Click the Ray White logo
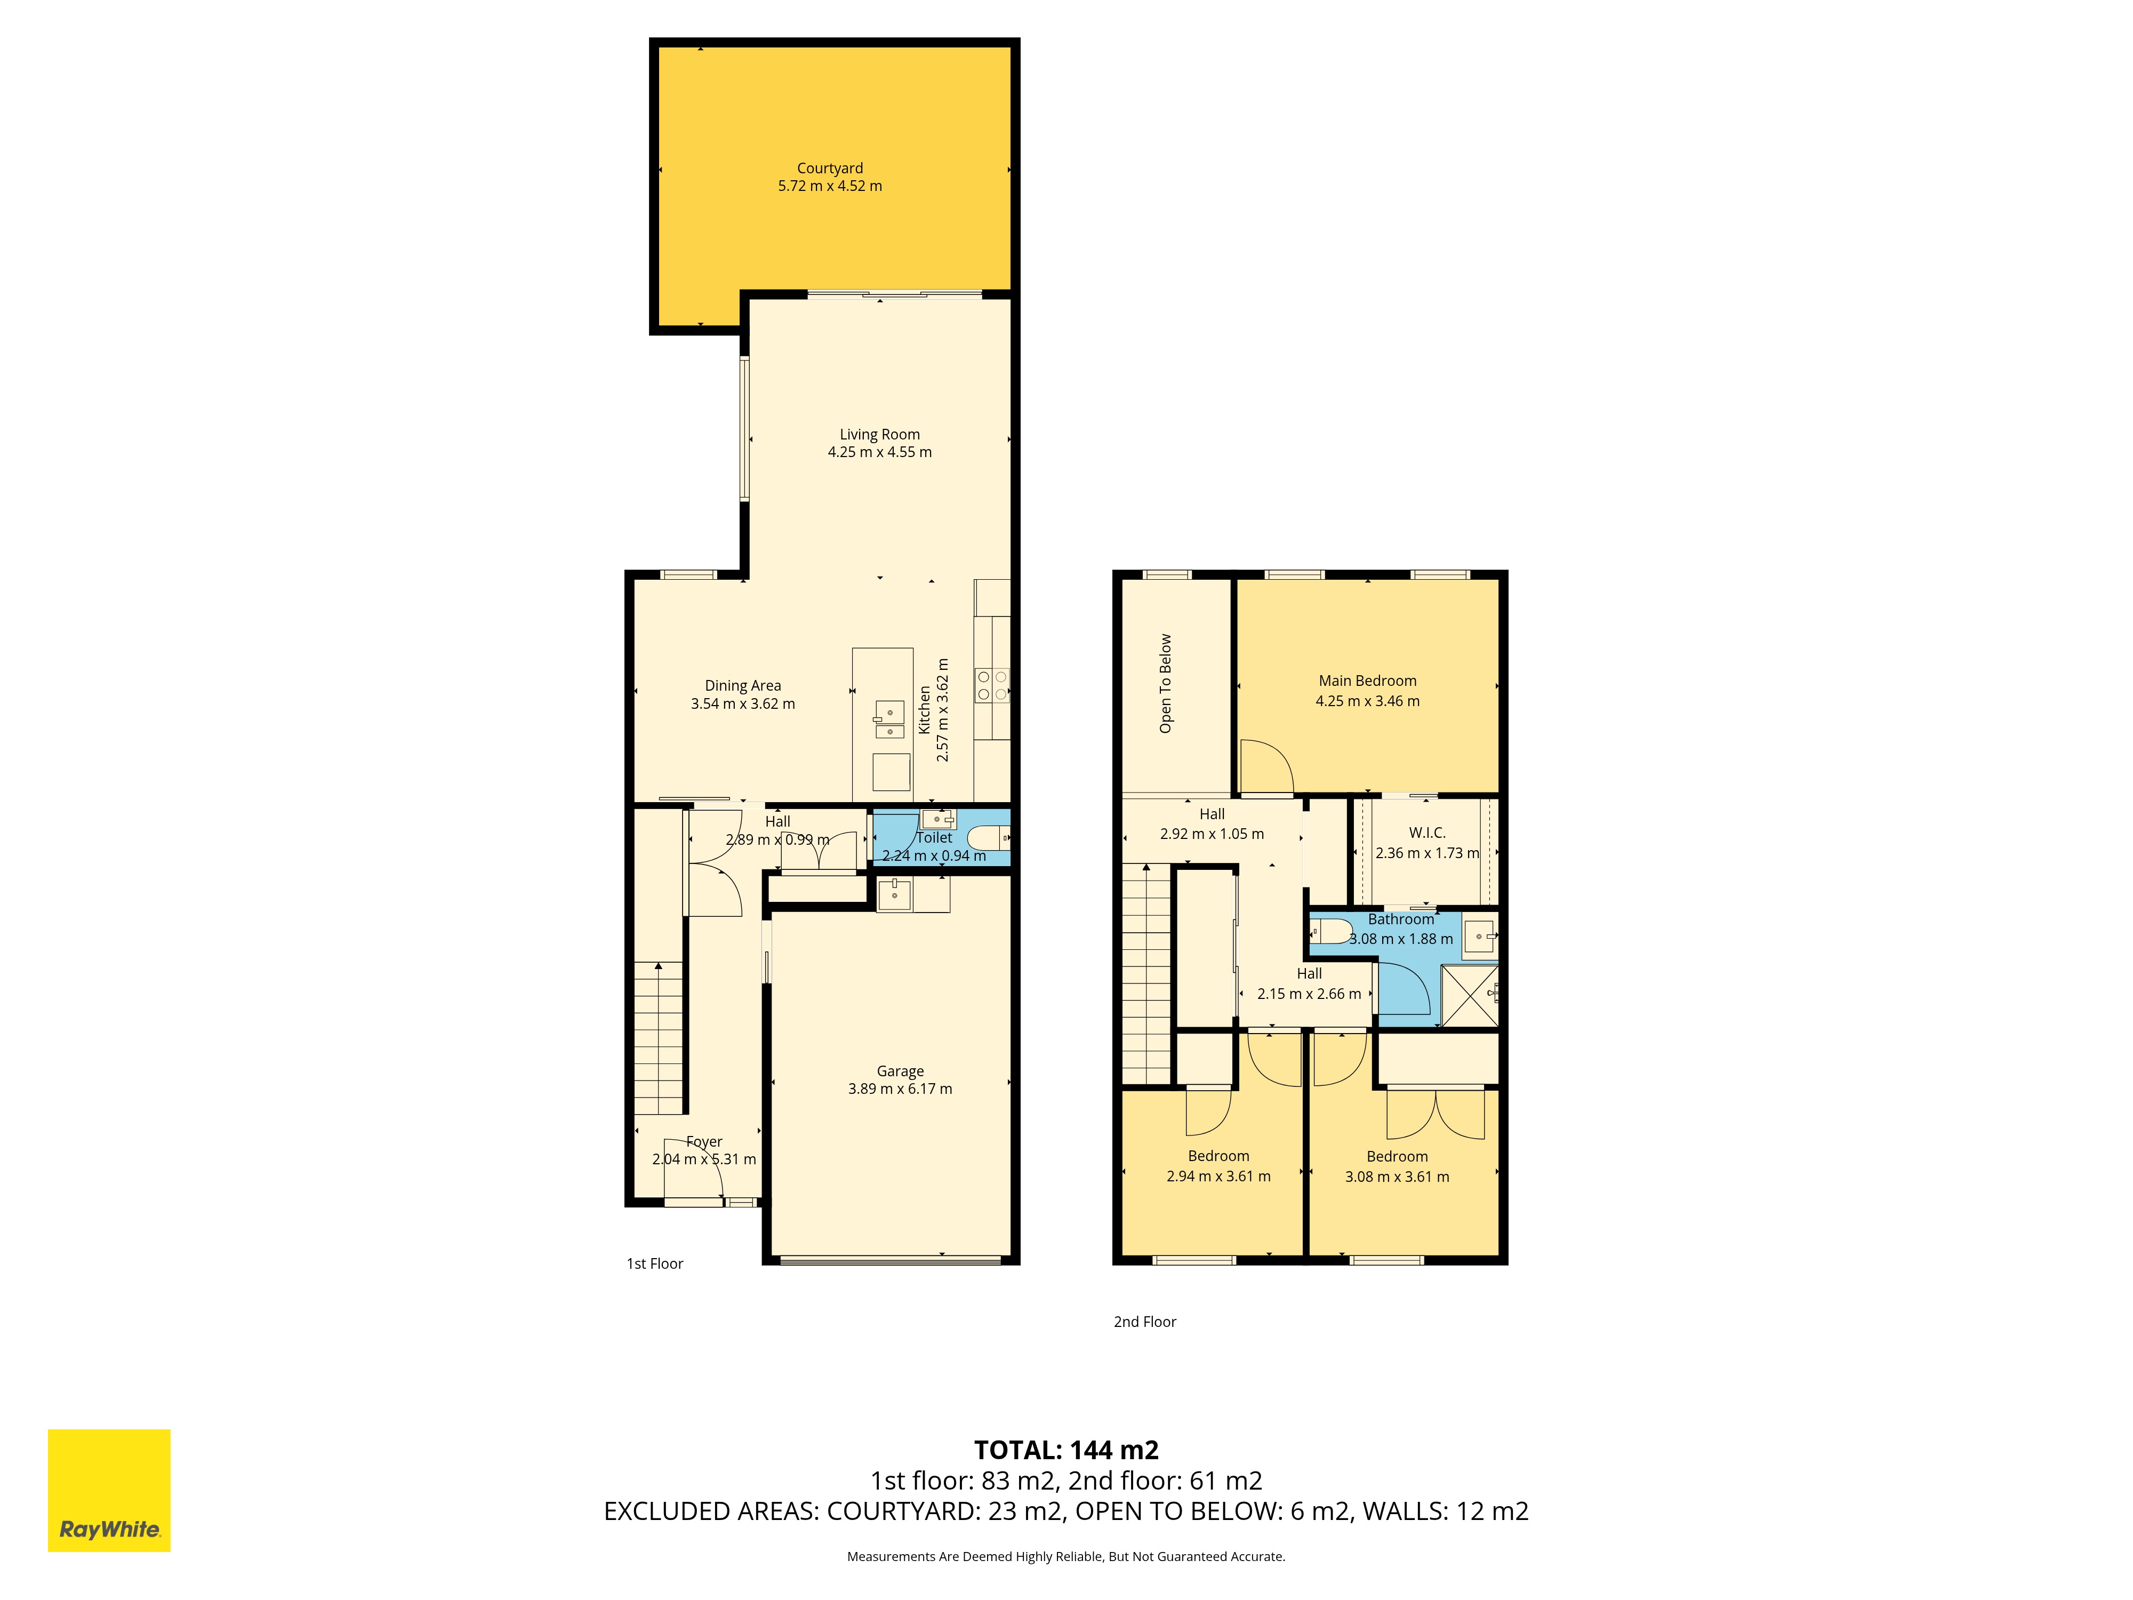point(109,1490)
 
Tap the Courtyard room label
point(829,168)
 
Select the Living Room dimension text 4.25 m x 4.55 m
point(879,451)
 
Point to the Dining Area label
point(742,686)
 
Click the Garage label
point(900,1070)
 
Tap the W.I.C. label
point(1427,833)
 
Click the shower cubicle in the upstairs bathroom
point(1470,995)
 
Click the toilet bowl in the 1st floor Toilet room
point(989,837)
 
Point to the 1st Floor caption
point(655,1263)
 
